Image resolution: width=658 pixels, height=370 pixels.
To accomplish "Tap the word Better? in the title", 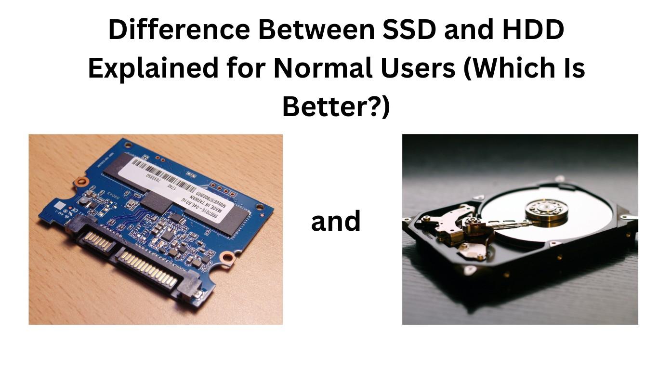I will (x=336, y=107).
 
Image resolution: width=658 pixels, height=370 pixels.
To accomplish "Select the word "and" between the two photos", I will (x=336, y=222).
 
